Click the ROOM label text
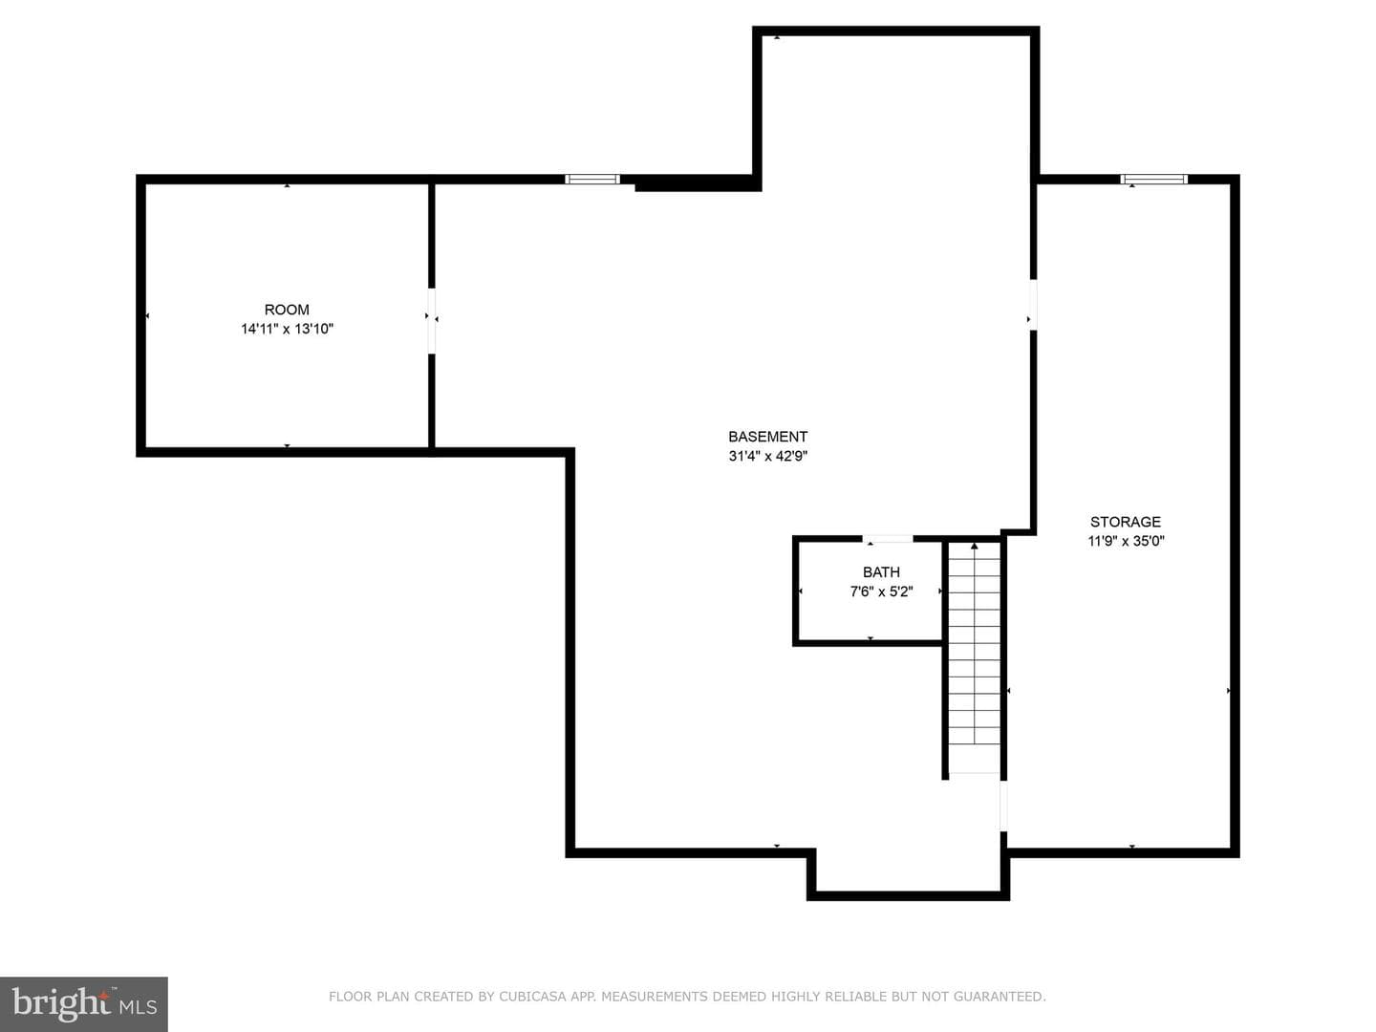tap(287, 310)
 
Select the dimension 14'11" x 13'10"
tap(287, 329)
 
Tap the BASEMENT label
tap(768, 437)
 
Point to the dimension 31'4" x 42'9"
tap(768, 456)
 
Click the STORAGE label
tap(1126, 522)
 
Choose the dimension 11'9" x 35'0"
tap(1126, 542)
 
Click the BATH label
tap(881, 572)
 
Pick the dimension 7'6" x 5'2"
tap(881, 591)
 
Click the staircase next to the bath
tap(974, 658)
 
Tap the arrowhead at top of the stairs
tap(974, 547)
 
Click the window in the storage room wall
tap(1154, 180)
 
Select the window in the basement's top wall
tap(592, 180)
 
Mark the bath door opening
tap(888, 539)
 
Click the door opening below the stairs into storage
tap(1003, 806)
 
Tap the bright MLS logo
tap(84, 1004)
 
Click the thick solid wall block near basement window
tap(698, 183)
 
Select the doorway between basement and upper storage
tap(1033, 305)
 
